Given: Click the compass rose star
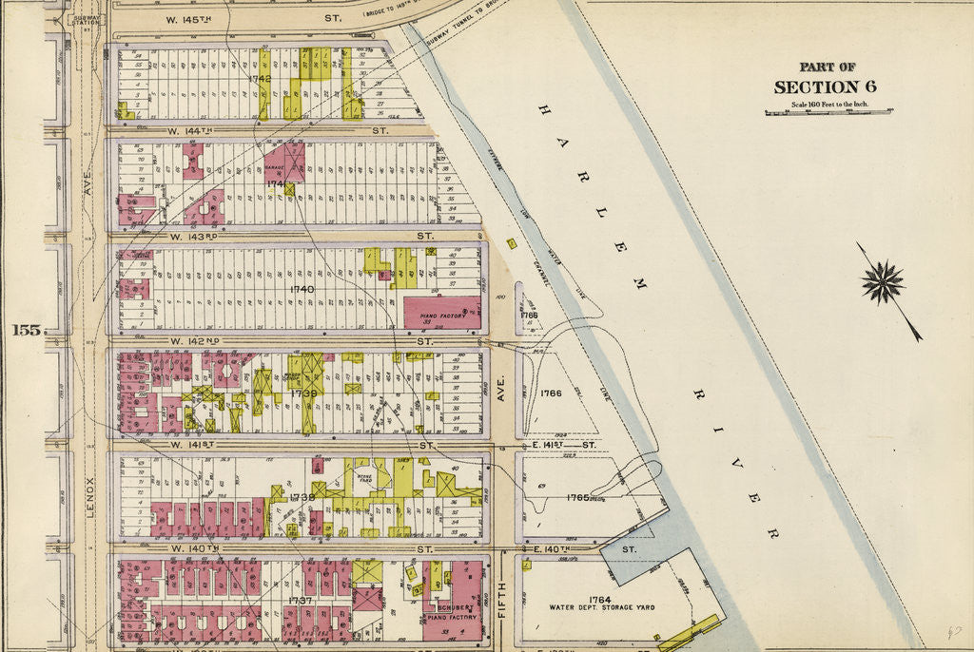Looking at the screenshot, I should pos(884,283).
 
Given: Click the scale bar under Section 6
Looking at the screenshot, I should pos(828,112).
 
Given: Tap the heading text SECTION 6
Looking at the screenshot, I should pos(825,87).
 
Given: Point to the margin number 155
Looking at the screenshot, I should pos(26,331).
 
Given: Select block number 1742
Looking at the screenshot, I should pos(260,78).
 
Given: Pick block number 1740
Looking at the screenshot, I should pos(302,288).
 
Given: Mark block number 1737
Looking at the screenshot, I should pos(301,601).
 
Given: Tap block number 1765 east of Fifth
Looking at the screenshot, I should pos(576,497).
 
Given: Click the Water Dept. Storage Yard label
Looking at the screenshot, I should pos(599,606).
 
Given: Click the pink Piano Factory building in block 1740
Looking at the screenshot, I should pos(441,312).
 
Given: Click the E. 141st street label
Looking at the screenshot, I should pos(560,444).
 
